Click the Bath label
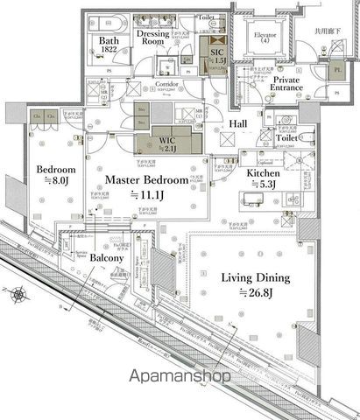coord(109,40)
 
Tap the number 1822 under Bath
coord(109,52)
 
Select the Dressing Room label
coord(153,37)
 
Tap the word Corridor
coord(166,85)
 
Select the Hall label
coord(238,125)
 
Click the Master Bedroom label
coord(147,179)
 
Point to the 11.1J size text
coord(146,194)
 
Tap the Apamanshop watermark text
coord(180,377)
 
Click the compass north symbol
coord(19,295)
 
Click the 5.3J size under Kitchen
coord(263,185)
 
